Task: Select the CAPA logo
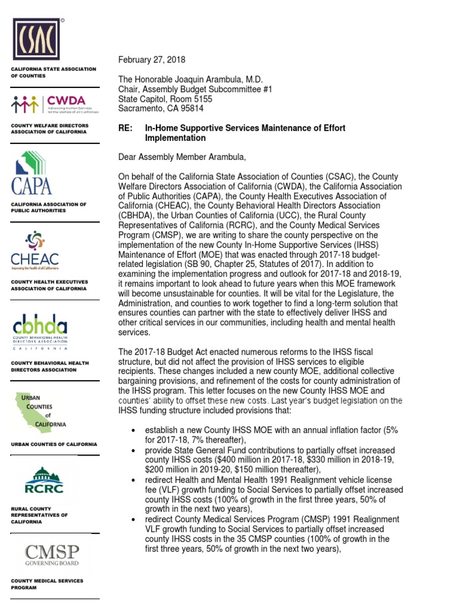pyautogui.click(x=35, y=172)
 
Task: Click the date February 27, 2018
pyautogui.click(x=152, y=60)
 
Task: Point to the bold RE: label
pyautogui.click(x=126, y=128)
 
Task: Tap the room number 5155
pyautogui.click(x=199, y=99)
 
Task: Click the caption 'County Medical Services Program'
pyautogui.click(x=47, y=583)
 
